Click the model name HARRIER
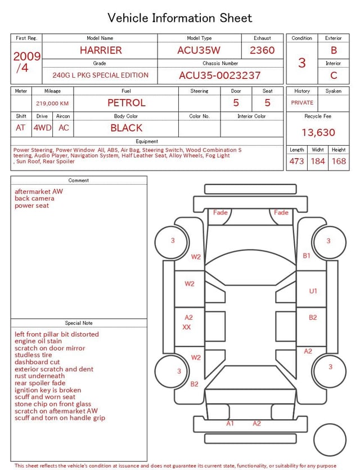click(x=101, y=50)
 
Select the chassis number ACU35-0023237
click(x=220, y=75)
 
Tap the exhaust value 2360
click(x=262, y=50)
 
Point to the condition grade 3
click(x=302, y=62)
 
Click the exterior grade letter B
click(x=334, y=50)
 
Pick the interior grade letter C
click(x=334, y=75)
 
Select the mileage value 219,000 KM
click(x=52, y=104)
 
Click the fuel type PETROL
click(x=127, y=103)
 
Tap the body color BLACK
click(x=127, y=128)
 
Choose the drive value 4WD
click(x=42, y=128)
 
